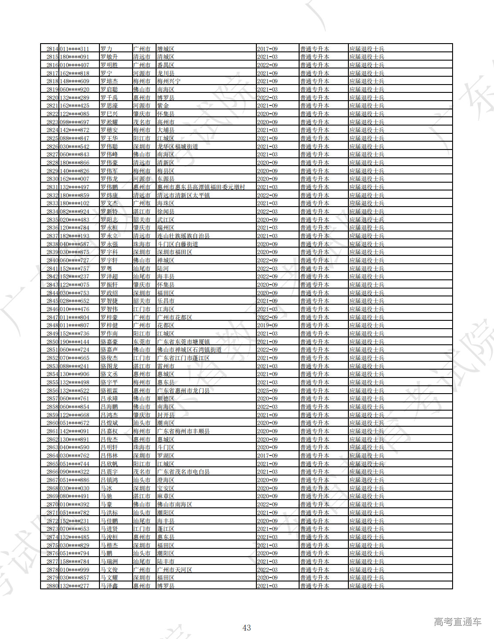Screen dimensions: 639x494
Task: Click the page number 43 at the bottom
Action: [246, 628]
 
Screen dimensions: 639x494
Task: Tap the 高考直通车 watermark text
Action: [457, 622]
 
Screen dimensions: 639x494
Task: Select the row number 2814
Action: [52, 49]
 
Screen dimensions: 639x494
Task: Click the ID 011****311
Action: [74, 49]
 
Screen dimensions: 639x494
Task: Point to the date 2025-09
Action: [267, 391]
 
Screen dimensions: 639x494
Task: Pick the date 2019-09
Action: [267, 325]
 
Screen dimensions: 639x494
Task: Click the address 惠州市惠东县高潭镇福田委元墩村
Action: [201, 187]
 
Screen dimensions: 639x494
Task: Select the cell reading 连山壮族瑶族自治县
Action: [184, 236]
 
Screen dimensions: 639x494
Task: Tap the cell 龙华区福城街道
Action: [177, 146]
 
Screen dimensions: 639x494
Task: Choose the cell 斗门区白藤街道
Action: [177, 244]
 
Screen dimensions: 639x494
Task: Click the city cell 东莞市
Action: [142, 342]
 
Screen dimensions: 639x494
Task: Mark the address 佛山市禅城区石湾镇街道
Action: [189, 350]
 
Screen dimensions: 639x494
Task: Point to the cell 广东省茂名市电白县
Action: [184, 472]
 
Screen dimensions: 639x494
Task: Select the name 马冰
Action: [106, 488]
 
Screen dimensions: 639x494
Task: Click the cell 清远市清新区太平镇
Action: [184, 195]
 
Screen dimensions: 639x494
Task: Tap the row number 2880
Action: [52, 586]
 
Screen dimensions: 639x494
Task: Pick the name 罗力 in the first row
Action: [106, 49]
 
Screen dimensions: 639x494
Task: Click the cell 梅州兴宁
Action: [169, 81]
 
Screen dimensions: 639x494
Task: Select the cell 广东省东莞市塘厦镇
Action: [184, 342]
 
